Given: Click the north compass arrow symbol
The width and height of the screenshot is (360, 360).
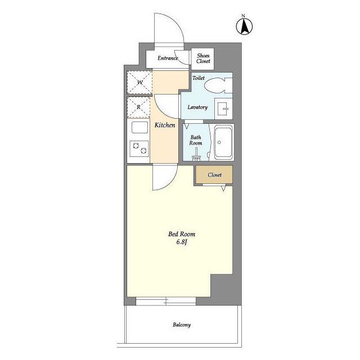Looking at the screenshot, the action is [244, 26].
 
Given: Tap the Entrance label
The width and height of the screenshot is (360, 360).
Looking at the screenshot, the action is [168, 58].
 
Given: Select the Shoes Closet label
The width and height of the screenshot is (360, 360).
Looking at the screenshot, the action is [203, 58].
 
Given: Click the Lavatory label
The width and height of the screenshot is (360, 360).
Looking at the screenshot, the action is [197, 107].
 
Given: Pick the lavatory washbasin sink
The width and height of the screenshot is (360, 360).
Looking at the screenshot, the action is [223, 109].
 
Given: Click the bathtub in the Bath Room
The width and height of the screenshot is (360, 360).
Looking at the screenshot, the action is [223, 142].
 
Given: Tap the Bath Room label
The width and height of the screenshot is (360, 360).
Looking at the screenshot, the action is [196, 140].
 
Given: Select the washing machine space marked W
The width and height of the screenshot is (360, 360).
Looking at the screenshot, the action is [139, 82].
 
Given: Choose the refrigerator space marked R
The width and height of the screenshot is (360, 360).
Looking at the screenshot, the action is [138, 107].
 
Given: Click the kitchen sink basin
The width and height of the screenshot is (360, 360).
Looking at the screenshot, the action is [139, 127].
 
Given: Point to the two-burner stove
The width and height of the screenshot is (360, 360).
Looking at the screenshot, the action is [139, 148].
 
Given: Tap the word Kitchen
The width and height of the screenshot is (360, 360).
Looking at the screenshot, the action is [165, 125].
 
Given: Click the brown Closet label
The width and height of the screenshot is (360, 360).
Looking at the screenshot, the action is [214, 175].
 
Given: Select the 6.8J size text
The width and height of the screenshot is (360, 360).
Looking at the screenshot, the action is [181, 242].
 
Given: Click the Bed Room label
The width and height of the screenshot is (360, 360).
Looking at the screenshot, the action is [182, 234].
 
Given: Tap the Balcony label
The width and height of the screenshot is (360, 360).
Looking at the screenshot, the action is [182, 325].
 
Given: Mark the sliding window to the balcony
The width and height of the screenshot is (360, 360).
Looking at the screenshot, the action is [166, 301].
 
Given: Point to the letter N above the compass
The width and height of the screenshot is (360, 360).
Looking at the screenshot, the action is [244, 16].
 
